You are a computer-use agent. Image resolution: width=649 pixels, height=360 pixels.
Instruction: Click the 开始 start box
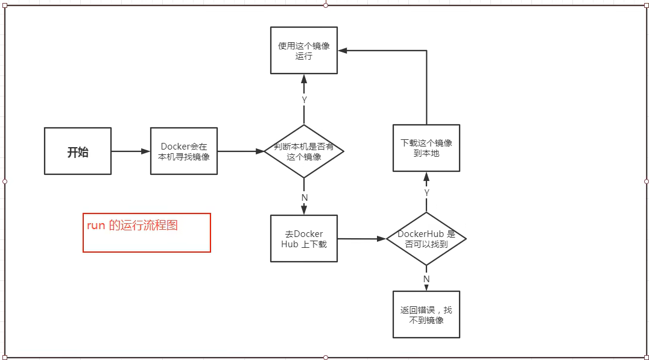[78, 151]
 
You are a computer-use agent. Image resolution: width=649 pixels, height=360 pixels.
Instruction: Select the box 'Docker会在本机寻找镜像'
[184, 151]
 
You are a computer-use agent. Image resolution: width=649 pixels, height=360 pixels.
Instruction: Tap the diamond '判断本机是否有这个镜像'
[304, 151]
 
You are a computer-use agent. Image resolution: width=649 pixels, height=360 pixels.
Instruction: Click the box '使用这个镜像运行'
[304, 50]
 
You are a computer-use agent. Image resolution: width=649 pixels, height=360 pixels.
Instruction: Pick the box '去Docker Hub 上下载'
[303, 239]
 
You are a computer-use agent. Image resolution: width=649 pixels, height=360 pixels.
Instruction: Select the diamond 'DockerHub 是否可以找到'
[426, 239]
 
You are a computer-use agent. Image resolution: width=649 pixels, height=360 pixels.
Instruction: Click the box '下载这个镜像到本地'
[426, 148]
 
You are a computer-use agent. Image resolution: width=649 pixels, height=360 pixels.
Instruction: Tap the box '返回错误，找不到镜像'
[426, 315]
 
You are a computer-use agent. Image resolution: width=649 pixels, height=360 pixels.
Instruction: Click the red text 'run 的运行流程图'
[132, 226]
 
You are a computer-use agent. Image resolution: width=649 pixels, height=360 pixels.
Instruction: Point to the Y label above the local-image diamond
[304, 99]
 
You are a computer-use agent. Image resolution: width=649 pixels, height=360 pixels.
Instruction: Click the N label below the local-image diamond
[304, 198]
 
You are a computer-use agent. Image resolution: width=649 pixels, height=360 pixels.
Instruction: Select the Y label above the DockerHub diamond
[426, 192]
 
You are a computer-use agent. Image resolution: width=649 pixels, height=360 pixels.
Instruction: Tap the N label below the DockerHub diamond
[426, 279]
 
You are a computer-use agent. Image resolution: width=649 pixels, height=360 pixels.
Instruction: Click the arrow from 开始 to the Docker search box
[130, 151]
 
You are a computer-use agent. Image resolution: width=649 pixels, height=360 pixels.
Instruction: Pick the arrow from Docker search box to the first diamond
[240, 151]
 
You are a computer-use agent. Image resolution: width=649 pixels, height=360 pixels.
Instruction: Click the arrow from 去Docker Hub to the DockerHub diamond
[361, 239]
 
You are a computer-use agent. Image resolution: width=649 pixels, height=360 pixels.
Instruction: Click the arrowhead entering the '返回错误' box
[426, 288]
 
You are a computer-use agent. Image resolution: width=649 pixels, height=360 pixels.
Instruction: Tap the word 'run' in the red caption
[96, 226]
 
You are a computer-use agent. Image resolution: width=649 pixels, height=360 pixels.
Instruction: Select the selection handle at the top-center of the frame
[326, 5]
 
